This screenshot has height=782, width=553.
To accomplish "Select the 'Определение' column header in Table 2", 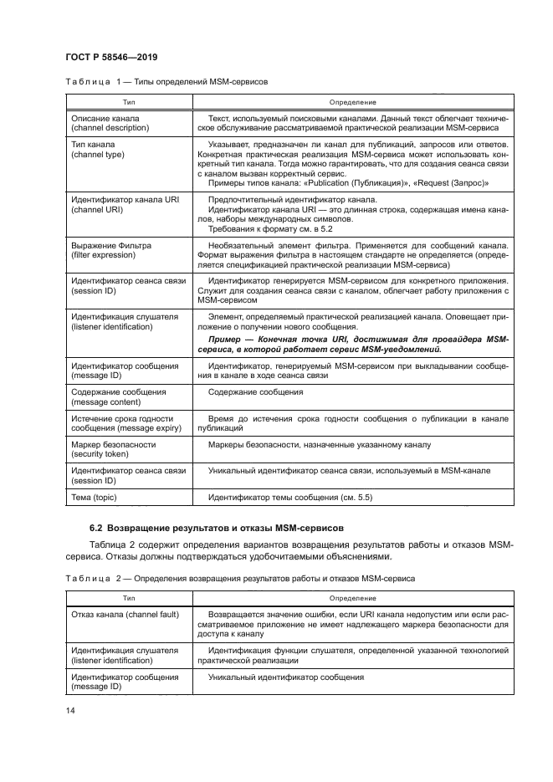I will [x=346, y=597].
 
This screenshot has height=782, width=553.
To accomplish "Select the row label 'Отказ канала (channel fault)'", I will [x=123, y=613].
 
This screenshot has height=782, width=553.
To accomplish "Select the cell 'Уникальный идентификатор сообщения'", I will [x=286, y=676].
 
